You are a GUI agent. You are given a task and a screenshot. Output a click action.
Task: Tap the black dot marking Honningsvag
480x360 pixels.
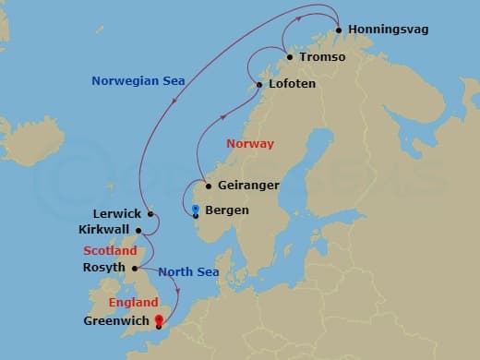click(x=340, y=30)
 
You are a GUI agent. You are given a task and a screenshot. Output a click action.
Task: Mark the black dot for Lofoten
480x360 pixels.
click(x=260, y=85)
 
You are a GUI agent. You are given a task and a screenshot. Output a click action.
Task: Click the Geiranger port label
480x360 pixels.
click(x=248, y=186)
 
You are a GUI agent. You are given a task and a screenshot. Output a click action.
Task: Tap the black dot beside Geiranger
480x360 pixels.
click(x=209, y=186)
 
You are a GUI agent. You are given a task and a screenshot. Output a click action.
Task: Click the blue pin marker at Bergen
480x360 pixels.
click(x=196, y=210)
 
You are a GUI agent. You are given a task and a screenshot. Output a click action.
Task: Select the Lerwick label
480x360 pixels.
click(x=118, y=213)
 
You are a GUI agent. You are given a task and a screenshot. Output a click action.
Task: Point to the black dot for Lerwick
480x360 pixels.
click(x=150, y=213)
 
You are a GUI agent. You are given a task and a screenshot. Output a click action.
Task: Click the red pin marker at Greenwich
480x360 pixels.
click(x=159, y=320)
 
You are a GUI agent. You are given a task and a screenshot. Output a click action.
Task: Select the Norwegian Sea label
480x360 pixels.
click(x=138, y=81)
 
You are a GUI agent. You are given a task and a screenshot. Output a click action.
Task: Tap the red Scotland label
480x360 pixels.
click(x=110, y=250)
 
